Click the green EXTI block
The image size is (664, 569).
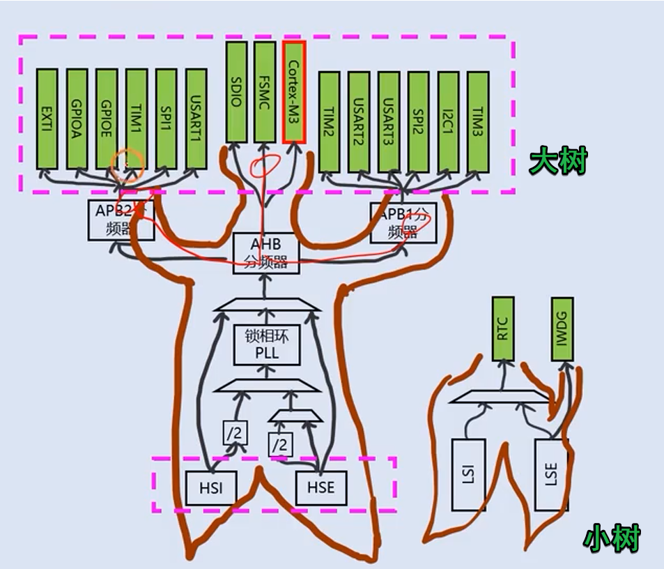pos(47,119)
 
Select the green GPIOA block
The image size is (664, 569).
pos(77,119)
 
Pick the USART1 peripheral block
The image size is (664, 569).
pos(196,119)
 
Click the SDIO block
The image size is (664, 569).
pos(236,91)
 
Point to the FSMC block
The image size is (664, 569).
pos(265,91)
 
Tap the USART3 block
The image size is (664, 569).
pos(389,121)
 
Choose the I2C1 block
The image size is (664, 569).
pos(448,121)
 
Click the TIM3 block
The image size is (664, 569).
pos(478,121)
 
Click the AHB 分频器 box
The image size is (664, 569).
pos(265,253)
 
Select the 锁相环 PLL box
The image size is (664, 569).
pos(266,344)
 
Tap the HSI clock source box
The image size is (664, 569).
pos(210,487)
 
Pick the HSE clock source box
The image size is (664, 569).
pos(321,487)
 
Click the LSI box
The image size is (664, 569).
pos(468,475)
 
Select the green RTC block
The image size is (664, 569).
pos(503,328)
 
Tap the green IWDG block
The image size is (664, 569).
pos(562,328)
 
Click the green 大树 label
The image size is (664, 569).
pos(558,161)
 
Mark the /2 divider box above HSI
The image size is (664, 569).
pos(234,433)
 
